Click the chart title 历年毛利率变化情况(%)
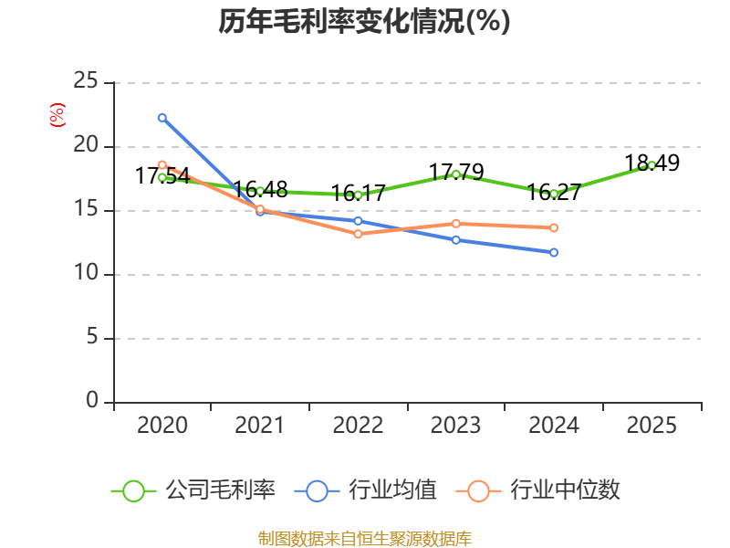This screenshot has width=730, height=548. pos(364,21)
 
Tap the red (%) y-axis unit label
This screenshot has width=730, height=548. pos(57,115)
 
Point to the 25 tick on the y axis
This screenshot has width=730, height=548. pos(86,80)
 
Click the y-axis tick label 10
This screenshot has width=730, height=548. pos(86,272)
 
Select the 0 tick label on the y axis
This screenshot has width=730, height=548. pos(92,400)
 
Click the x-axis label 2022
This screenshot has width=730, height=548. pos(358,425)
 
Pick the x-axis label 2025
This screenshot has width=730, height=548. pos(652,425)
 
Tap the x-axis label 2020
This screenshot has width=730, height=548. pos(162,425)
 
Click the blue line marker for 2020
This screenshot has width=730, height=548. pos(162,118)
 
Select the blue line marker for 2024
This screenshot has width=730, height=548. pos(554,253)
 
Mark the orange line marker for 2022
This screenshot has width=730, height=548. pos(358,234)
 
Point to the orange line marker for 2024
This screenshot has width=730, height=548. pos(554,227)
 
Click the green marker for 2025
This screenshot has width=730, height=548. pos(652,165)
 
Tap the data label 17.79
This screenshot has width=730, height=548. pos(456,172)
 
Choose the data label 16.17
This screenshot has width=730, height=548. pos(358,193)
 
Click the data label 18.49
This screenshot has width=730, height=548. pos(652,163)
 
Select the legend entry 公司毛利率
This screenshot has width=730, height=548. pos(193,490)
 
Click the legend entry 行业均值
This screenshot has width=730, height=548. pos(366,490)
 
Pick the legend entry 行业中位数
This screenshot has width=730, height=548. pos(538,490)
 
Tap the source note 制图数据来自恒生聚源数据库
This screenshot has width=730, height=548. pos(364,539)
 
